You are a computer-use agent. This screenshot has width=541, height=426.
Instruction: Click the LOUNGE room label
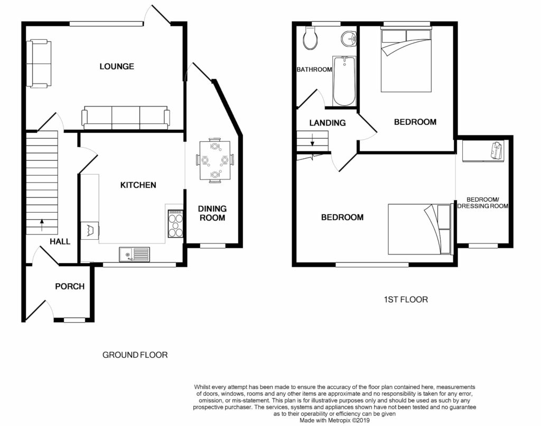tap(117, 66)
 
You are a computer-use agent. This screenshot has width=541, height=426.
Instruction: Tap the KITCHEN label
tap(138, 185)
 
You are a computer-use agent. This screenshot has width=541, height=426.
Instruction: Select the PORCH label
tap(70, 286)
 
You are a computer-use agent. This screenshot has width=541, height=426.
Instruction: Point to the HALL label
tap(60, 241)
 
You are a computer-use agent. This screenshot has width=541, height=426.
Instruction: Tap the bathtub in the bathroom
tap(344, 81)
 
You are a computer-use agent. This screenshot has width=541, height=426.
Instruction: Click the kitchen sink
tap(134, 255)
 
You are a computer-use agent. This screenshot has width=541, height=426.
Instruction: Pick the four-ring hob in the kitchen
tap(175, 224)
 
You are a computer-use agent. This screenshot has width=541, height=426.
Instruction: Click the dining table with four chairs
tap(215, 161)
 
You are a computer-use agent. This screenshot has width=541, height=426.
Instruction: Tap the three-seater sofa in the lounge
tap(126, 117)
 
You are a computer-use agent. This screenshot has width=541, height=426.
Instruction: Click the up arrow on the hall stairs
tap(42, 225)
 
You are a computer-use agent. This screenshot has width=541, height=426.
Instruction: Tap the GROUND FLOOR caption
tap(135, 355)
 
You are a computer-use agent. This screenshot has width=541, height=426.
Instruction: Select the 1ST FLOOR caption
tap(406, 300)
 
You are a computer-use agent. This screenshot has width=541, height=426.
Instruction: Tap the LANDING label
tap(328, 123)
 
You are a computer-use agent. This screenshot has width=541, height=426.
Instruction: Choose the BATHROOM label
tap(314, 69)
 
